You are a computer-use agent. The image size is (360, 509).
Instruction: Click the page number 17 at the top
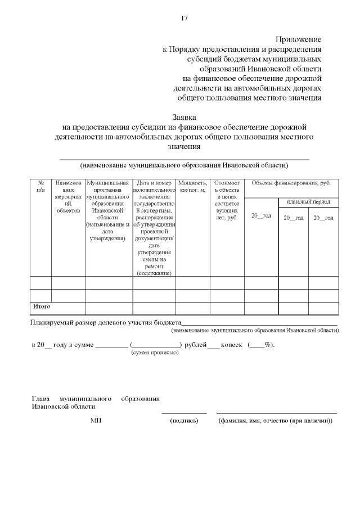[184, 18]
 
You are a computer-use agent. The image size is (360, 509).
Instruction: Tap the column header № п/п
[40, 187]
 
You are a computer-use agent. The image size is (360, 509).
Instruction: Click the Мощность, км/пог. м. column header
[192, 187]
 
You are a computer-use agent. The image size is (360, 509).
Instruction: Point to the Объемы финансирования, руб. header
[291, 183]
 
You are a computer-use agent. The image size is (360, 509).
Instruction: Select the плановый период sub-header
[308, 201]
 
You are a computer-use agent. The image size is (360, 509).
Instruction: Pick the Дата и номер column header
[154, 228]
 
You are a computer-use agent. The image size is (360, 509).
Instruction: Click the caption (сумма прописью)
[155, 353]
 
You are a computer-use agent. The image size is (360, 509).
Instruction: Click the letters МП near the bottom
[95, 420]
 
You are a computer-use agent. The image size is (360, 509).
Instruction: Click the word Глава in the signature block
[41, 399]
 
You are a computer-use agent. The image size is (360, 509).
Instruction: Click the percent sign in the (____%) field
[268, 344]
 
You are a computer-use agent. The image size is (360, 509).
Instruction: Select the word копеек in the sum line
[232, 344]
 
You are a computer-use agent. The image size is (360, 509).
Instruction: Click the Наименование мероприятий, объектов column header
[68, 197]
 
